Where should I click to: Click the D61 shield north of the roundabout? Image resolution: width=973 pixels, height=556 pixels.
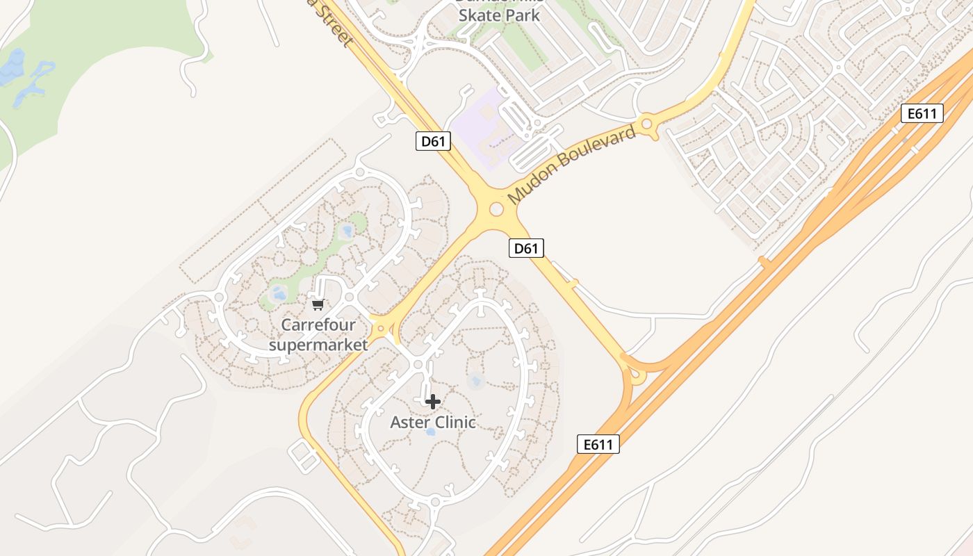[x=433, y=142]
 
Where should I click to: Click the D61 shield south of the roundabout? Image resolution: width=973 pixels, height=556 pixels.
[x=525, y=248]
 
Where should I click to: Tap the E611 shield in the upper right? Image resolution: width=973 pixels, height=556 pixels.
[x=922, y=113]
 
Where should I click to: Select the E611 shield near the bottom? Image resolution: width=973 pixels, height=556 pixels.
[x=598, y=444]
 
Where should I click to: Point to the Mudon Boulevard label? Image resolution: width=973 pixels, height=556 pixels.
[x=572, y=165]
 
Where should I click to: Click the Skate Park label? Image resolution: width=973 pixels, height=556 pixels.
[x=500, y=15]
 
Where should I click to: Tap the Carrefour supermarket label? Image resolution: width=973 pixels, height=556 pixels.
[x=318, y=334]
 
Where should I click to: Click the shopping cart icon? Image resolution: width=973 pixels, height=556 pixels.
[x=318, y=304]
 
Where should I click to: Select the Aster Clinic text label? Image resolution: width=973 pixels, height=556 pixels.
[x=433, y=422]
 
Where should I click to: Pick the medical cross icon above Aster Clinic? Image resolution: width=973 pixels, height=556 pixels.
[x=433, y=401]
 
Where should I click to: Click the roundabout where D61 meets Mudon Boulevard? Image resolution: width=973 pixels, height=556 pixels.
[x=496, y=208]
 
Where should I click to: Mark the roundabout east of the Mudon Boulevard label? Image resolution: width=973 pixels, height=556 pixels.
[x=647, y=125]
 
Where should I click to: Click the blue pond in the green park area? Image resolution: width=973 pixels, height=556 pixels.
[x=345, y=231]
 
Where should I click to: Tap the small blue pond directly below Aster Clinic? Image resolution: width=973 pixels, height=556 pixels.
[x=430, y=432]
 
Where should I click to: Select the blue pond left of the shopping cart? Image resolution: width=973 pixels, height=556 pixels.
[x=279, y=294]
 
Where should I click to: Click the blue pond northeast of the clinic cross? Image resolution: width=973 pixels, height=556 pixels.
[x=476, y=380]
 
